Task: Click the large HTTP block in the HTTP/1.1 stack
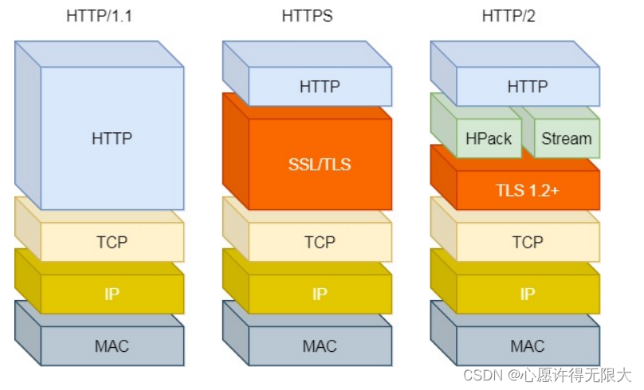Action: pyautogui.click(x=112, y=138)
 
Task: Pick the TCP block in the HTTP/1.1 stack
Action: pyautogui.click(x=112, y=242)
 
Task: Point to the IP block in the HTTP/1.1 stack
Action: pyautogui.click(x=112, y=294)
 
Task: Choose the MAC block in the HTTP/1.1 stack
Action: pyautogui.click(x=112, y=346)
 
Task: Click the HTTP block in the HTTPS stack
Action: pyautogui.click(x=320, y=87)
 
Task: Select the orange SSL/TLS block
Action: pyautogui.click(x=320, y=165)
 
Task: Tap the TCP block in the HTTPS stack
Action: pyautogui.click(x=320, y=242)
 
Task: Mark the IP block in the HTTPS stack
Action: pyautogui.click(x=320, y=294)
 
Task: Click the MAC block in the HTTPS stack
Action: pyautogui.click(x=320, y=346)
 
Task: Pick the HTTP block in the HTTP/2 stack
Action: pyautogui.click(x=528, y=87)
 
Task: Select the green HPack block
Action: pyautogui.click(x=489, y=138)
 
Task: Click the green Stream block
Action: pyautogui.click(x=567, y=138)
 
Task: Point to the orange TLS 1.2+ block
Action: pyautogui.click(x=528, y=190)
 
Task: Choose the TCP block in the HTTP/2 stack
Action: pyautogui.click(x=528, y=242)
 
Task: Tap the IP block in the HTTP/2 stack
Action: pyautogui.click(x=528, y=294)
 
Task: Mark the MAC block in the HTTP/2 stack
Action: pyautogui.click(x=528, y=346)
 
